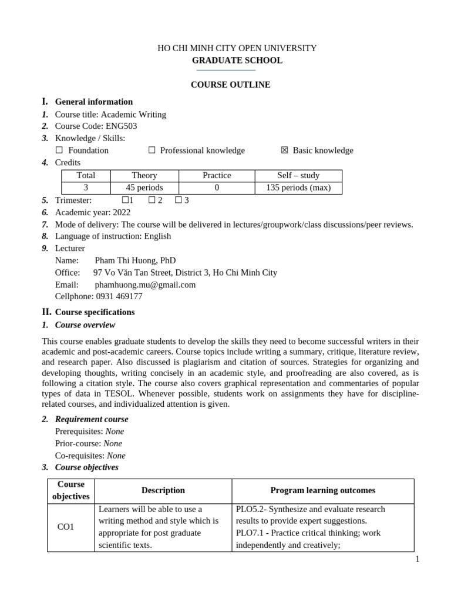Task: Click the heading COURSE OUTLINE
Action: [x=230, y=85]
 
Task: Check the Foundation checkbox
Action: [x=59, y=150]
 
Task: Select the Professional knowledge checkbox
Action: [x=152, y=150]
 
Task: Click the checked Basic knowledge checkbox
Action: [x=285, y=150]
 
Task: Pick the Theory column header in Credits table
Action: [x=144, y=175]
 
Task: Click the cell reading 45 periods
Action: [x=144, y=188]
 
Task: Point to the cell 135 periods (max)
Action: [x=298, y=188]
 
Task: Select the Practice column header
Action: [x=217, y=175]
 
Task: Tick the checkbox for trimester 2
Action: [x=152, y=200]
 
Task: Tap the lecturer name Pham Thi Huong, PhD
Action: [x=135, y=260]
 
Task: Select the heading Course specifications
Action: [x=95, y=312]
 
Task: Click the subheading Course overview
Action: [x=85, y=325]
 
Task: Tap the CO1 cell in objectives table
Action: [x=65, y=527]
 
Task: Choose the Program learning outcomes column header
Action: [x=322, y=490]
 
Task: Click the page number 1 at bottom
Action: [x=417, y=560]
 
